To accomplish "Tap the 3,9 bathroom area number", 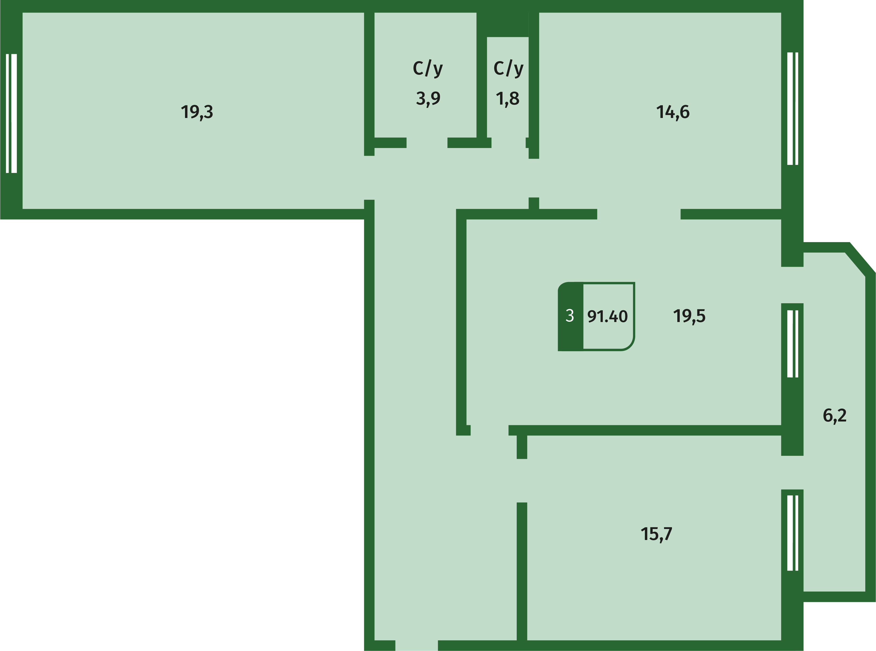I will [428, 98].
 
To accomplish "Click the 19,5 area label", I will [689, 316].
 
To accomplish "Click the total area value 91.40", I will [607, 316].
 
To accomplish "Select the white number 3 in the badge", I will [570, 316].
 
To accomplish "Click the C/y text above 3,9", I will [428, 69].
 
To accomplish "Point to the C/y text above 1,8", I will [508, 69].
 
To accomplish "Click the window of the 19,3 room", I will [12, 113].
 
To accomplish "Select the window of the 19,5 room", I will [792, 344].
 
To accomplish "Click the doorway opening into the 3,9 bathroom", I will [427, 143].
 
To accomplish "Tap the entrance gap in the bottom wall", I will [416, 645].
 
